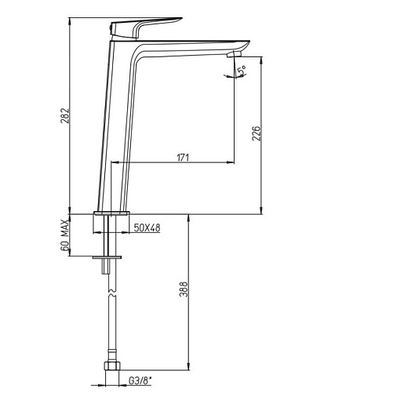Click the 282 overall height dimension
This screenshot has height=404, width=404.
pos(64,115)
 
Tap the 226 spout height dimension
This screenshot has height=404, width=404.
pos(257,133)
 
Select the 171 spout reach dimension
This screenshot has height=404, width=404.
pos(183,158)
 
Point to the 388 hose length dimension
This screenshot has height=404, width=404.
pos(184,289)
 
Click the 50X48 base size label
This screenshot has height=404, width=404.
pos(147,228)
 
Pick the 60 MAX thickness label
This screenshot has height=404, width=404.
pos(65,235)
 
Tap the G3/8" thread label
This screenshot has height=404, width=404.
pos(140,381)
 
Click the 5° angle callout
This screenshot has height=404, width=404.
pos(242,71)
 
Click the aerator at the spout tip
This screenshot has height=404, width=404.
pos(235,54)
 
